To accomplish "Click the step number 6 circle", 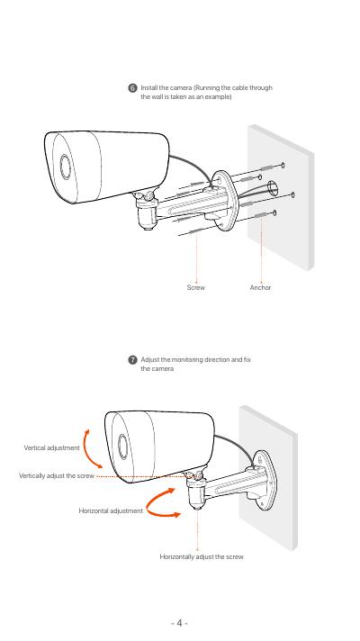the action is [x=133, y=88].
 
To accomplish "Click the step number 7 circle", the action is [x=132, y=360].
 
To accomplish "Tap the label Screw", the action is [x=196, y=287].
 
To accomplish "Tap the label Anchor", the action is [x=260, y=287].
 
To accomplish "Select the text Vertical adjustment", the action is [x=52, y=447].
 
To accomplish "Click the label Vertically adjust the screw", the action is [x=57, y=476].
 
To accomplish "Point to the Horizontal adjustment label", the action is [x=111, y=510].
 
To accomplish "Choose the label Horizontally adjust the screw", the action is [x=202, y=556].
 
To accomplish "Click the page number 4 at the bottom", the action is [x=179, y=623].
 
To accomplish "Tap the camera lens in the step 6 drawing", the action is [x=66, y=167].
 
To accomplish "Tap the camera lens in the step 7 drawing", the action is [x=122, y=447].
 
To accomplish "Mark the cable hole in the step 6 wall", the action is [x=273, y=189].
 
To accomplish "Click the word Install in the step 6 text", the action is [x=149, y=87].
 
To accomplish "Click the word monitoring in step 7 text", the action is [x=187, y=360].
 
